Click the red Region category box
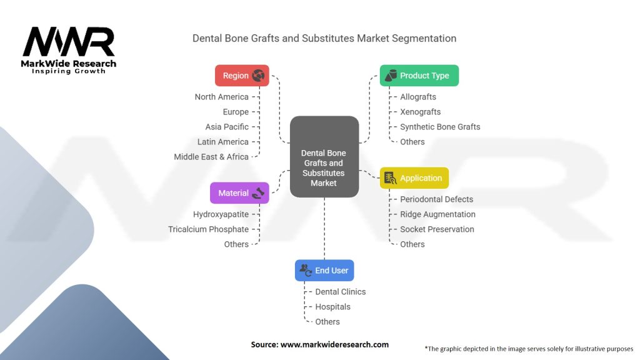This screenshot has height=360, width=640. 242,76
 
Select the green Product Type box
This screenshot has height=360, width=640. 419,76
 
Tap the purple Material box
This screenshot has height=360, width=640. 239,193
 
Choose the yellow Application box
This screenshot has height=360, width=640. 414,178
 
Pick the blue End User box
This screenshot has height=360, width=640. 324,271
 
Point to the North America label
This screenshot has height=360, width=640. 221,97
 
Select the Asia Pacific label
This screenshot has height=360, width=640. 227,127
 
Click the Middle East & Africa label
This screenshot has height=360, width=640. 211,157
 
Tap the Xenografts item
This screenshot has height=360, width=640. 420,112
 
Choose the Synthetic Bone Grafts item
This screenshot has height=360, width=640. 440,127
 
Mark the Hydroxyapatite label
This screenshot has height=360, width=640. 221,214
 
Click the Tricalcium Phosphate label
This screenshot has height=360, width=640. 208,229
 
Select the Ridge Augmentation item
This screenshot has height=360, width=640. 437,214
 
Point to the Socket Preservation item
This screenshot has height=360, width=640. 437,229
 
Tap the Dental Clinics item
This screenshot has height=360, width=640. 340,292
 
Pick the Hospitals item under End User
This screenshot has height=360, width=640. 332,307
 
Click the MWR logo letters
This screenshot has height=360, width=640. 69,42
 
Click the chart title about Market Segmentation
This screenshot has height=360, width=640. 324,38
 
